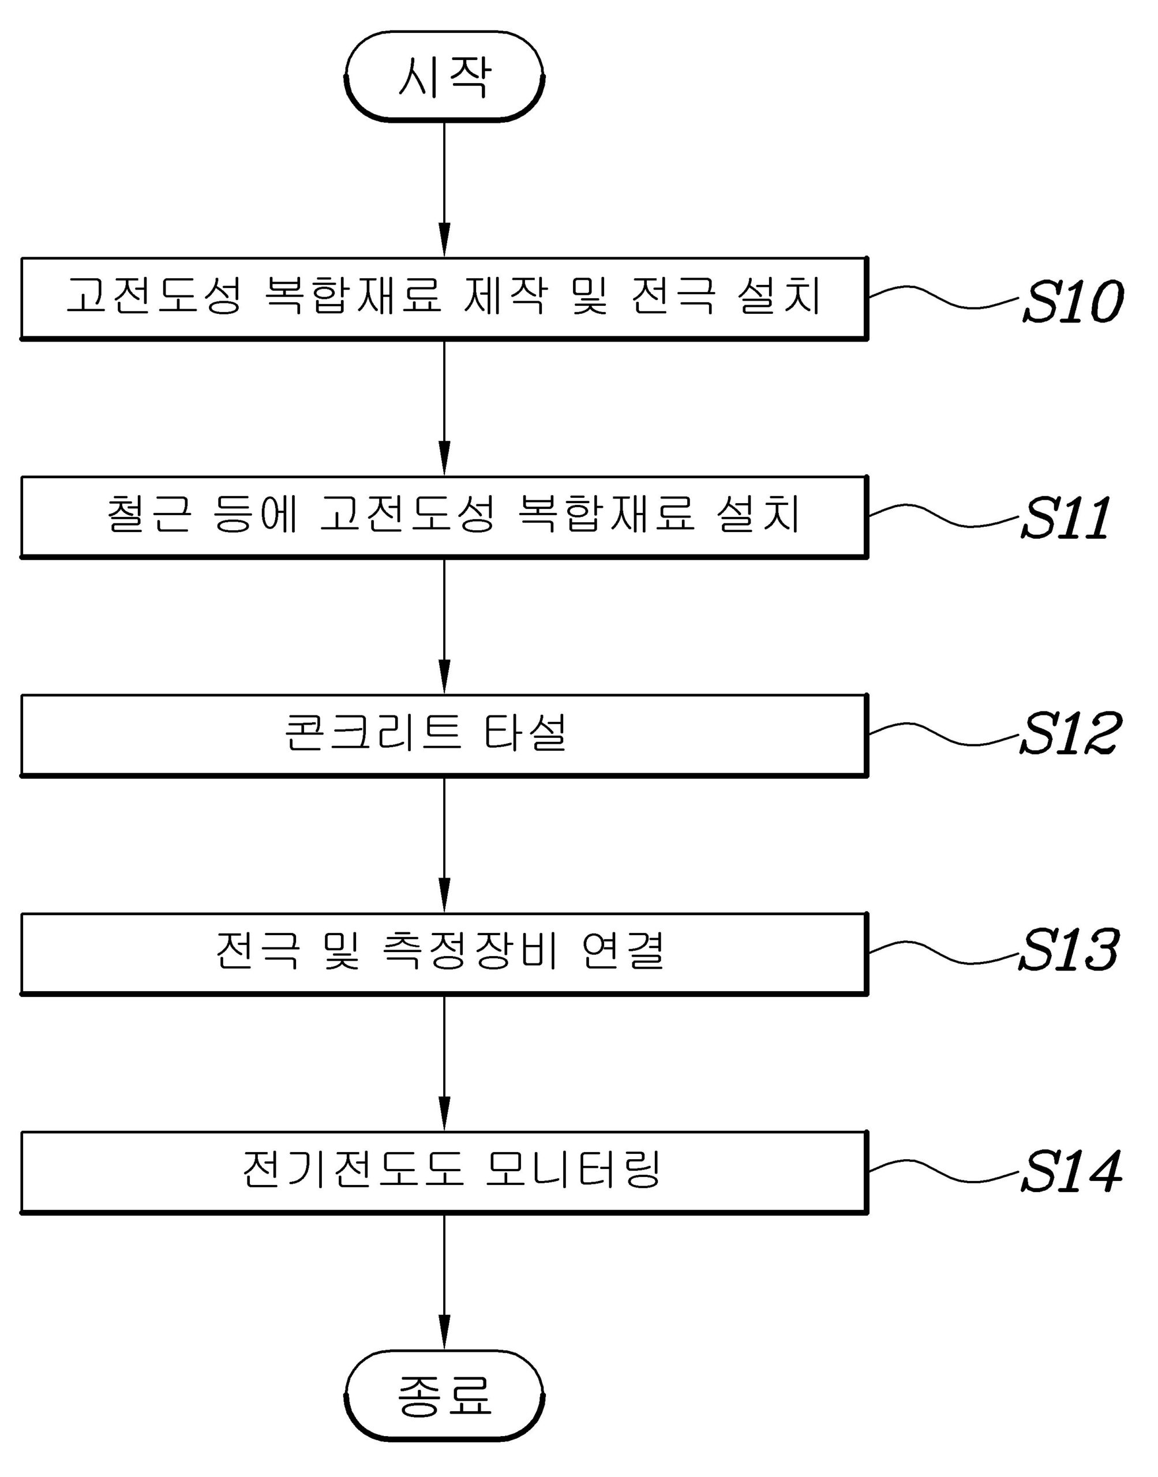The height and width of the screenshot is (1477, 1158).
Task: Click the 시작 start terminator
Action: [x=444, y=77]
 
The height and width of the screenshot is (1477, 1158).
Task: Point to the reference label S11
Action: [x=1066, y=519]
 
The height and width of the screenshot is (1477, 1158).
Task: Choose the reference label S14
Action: [x=1071, y=1171]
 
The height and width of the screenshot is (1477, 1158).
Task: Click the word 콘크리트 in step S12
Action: [x=373, y=733]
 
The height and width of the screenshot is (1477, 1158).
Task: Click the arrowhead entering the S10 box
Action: [x=444, y=244]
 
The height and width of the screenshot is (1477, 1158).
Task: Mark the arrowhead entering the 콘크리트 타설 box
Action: [x=444, y=681]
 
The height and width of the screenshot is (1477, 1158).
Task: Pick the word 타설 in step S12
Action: [x=524, y=733]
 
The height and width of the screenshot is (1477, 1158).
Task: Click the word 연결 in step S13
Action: [x=623, y=951]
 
